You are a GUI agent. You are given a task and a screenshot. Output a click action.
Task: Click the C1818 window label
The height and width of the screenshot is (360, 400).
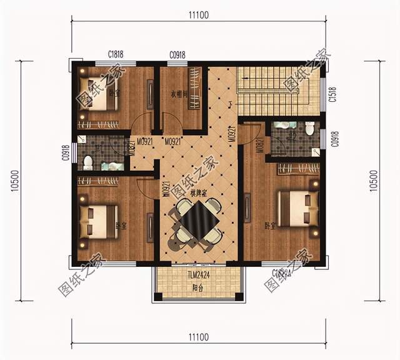(116, 55)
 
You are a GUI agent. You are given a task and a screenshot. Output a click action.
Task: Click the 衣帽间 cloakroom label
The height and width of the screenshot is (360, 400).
(181, 94)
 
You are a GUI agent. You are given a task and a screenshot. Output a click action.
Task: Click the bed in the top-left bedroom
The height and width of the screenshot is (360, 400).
(99, 95)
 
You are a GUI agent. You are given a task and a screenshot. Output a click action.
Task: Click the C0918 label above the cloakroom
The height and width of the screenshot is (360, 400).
(177, 55)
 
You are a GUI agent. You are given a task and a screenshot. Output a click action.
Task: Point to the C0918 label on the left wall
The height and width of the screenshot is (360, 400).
(66, 152)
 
